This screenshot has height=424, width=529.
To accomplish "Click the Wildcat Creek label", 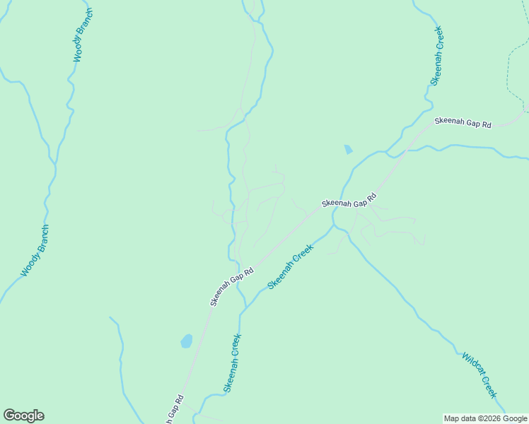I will pos(480,375).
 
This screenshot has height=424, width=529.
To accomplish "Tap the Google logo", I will pos(23,416).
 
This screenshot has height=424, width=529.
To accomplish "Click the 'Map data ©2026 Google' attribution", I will pos(485,418).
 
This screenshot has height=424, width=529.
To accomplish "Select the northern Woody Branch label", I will pos(83,35).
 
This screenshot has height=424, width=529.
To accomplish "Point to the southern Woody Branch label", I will pos(35,251).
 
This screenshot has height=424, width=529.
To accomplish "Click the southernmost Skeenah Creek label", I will pos(233,363).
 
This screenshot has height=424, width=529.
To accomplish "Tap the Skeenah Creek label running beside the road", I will pos(290,266).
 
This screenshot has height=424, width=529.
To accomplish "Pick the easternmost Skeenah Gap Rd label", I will pos(463,122).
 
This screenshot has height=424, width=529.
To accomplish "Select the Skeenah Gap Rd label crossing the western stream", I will pos(231,286).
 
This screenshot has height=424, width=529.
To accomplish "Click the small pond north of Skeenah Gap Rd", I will pos(348,150).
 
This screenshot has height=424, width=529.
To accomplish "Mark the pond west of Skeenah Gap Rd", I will pos(187,341).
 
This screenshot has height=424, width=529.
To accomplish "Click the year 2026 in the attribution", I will pos(492,418).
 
